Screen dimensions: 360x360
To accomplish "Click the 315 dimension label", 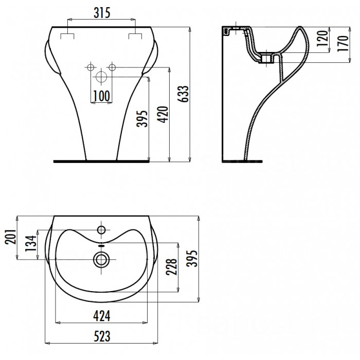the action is tap(102, 13).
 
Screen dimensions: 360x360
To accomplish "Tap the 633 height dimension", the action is tap(184, 94).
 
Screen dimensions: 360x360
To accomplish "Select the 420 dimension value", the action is tap(163, 115).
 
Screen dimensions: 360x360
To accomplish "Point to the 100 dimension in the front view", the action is tap(101, 96).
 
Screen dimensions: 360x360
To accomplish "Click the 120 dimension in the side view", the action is tap(322, 39).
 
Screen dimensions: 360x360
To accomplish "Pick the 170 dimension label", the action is tap(343, 43).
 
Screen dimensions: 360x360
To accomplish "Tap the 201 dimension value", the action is tap(11, 237).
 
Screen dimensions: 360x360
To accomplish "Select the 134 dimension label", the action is tap(31, 243).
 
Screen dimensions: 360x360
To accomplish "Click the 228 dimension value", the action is tap(171, 267).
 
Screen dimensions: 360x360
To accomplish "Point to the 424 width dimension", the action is tap(102, 316).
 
